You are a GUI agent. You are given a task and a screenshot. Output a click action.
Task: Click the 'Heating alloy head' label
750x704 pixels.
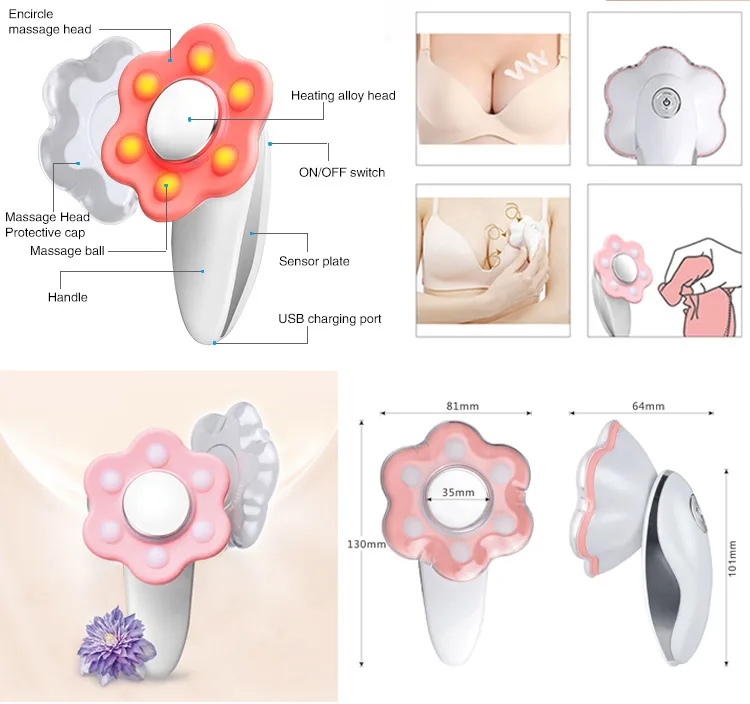coord(343,96)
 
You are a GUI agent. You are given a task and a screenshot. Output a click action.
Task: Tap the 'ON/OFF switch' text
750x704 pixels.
coord(342,172)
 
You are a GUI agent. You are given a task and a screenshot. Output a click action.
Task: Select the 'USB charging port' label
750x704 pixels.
coord(330,319)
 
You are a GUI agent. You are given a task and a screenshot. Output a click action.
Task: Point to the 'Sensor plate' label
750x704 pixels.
coord(314,261)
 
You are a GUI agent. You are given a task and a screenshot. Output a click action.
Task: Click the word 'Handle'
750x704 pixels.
coord(67,297)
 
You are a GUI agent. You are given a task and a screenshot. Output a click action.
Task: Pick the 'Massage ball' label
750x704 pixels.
coord(67,251)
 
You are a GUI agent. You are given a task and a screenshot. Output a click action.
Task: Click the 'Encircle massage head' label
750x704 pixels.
coord(50,22)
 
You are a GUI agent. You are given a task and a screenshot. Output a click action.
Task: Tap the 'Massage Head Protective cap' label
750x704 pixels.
coord(47,225)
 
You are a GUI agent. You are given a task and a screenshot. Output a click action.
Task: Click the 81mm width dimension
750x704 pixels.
coord(462,406)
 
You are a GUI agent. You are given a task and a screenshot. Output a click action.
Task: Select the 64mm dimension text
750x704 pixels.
coord(648,406)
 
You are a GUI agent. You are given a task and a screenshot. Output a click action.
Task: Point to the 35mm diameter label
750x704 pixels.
coord(458,492)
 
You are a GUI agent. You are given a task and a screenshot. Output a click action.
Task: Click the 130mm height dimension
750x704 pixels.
coord(366,544)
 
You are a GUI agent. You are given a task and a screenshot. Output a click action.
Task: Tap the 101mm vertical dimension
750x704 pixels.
coord(732,558)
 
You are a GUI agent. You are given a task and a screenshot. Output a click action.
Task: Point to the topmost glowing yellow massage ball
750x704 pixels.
coord(201,58)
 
